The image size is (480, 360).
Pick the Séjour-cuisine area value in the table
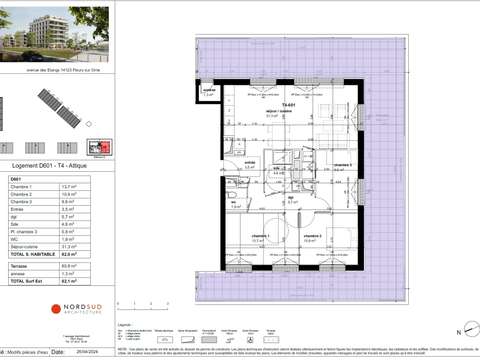tap(98, 246)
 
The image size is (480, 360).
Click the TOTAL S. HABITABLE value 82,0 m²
tap(97, 255)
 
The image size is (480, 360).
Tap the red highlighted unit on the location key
tap(97, 148)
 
